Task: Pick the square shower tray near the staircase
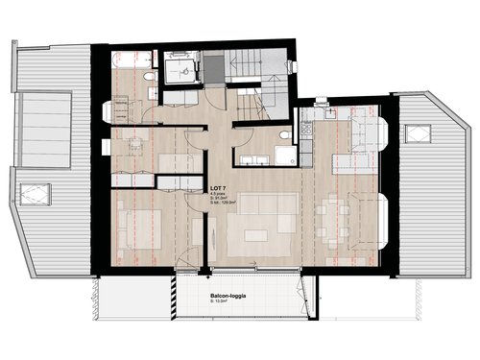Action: coord(179,69)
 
